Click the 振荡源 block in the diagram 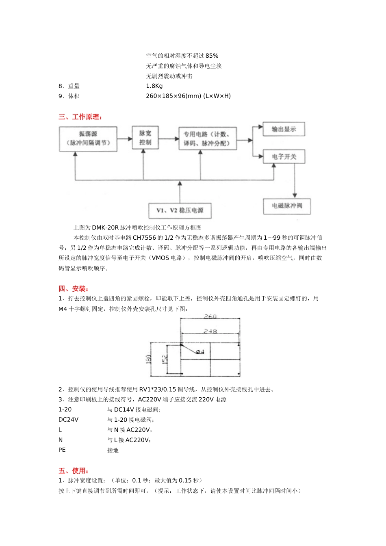tap(88, 139)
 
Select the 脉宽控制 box tap(145, 137)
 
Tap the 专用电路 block tap(208, 139)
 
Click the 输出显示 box tap(284, 129)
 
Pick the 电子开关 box tap(284, 156)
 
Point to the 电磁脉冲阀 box tap(287, 206)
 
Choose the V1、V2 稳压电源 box tap(180, 210)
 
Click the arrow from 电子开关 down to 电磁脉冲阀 tap(295, 181)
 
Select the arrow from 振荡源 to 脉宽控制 tap(125, 139)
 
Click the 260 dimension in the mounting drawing tap(210, 316)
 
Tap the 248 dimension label tap(210, 331)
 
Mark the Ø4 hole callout tap(200, 351)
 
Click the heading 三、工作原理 tap(80, 117)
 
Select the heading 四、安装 tap(74, 289)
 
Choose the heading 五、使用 tap(74, 471)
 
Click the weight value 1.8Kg tap(154, 86)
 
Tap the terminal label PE tap(62, 450)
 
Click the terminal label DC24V tap(69, 420)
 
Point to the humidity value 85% tap(212, 56)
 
